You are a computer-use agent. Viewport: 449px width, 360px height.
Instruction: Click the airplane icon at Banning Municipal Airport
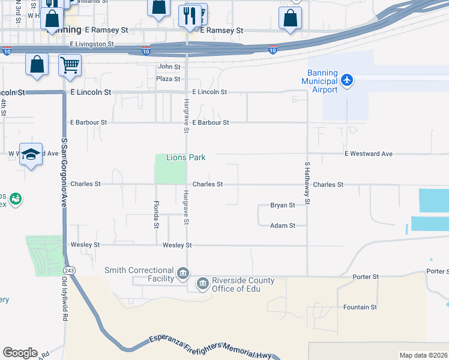click(x=347, y=80)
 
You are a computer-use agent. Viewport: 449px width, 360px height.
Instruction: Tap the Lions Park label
click(x=185, y=158)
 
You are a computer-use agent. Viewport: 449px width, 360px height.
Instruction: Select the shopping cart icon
click(x=70, y=64)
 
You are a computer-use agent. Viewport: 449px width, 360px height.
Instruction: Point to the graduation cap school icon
click(x=31, y=154)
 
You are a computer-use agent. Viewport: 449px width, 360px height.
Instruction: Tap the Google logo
click(x=20, y=353)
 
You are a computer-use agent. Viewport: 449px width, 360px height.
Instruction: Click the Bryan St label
click(x=282, y=205)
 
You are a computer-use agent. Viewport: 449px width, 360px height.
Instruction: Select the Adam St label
click(x=282, y=226)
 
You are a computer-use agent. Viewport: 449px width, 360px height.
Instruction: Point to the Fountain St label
click(x=360, y=307)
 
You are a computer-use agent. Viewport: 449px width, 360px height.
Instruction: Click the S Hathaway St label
click(x=307, y=182)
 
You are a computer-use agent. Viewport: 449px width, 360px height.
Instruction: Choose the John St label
click(x=169, y=67)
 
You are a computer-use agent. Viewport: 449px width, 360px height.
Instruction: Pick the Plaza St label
click(x=168, y=79)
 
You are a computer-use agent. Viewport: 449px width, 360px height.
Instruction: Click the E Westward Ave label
click(x=369, y=154)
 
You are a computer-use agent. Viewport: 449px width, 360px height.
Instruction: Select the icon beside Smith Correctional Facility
click(x=182, y=275)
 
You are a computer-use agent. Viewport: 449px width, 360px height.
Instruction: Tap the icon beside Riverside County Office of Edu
click(x=203, y=282)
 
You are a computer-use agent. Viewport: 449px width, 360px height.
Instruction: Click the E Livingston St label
click(x=92, y=44)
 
